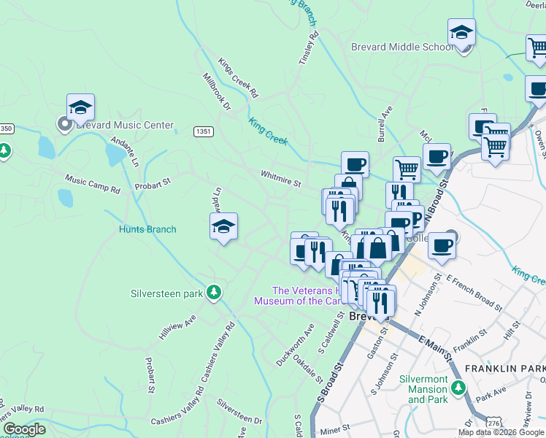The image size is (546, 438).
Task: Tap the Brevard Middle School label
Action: [402, 47]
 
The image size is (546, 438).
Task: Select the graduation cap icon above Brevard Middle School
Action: [461, 34]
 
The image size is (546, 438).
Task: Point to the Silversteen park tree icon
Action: [214, 293]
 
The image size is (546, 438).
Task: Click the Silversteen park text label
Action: [166, 293]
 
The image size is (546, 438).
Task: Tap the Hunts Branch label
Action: [147, 229]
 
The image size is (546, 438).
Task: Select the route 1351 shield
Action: [204, 131]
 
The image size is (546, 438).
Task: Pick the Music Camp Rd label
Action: [92, 183]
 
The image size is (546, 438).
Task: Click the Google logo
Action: [24, 429]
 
